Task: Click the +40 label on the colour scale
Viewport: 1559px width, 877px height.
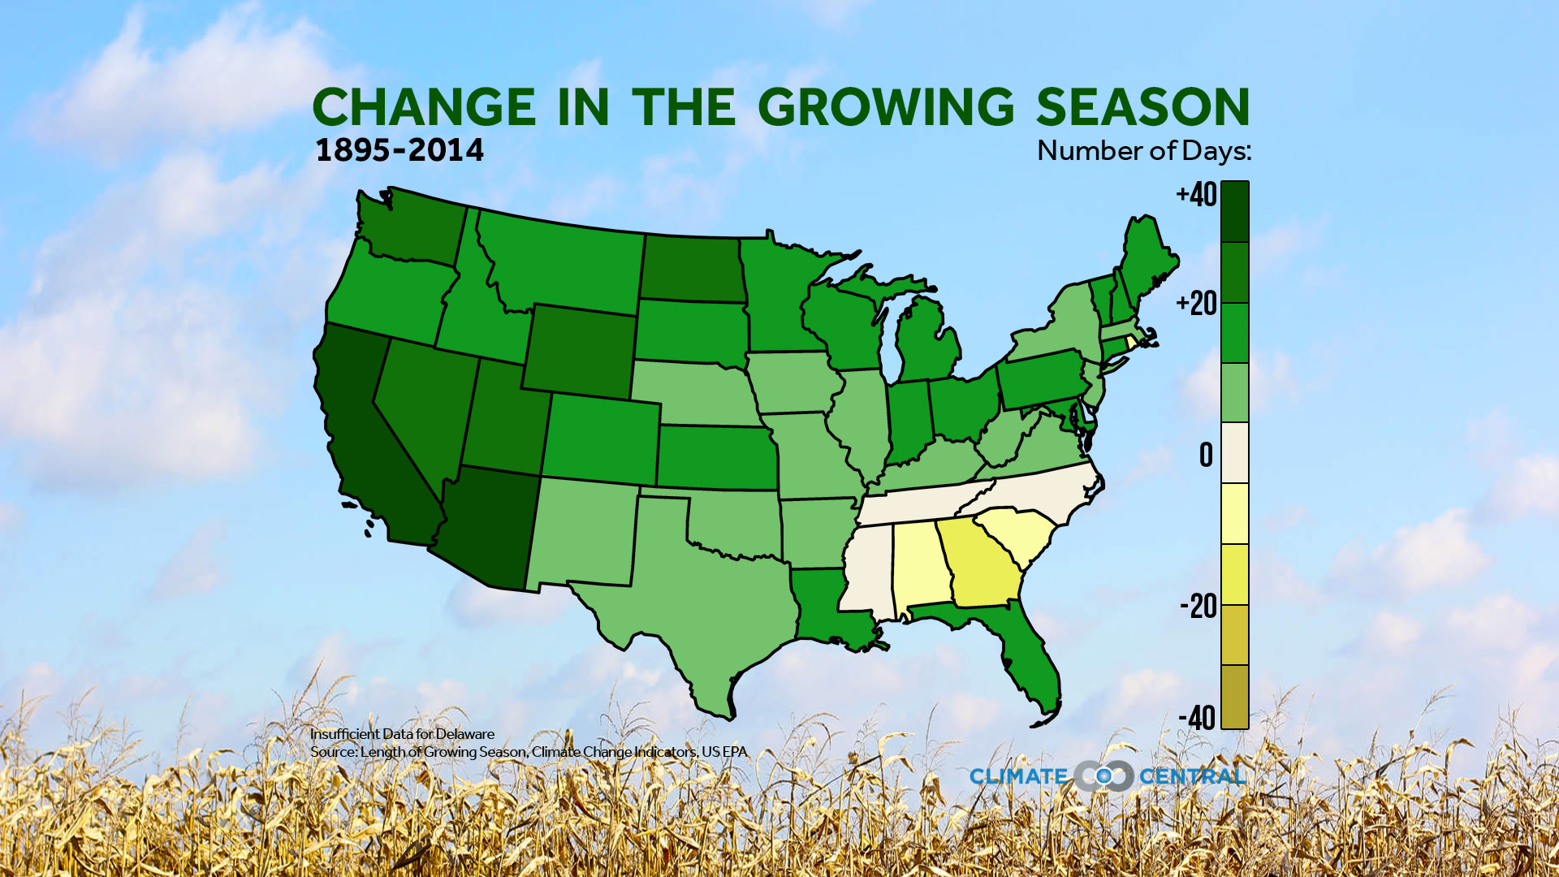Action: pyautogui.click(x=1196, y=195)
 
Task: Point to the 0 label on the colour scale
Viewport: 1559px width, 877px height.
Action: pyautogui.click(x=1206, y=455)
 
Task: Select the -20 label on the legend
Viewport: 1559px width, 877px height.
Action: pyautogui.click(x=1198, y=606)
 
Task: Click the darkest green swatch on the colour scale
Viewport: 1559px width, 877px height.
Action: pyautogui.click(x=1234, y=212)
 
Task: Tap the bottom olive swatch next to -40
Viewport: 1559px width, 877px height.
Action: pyautogui.click(x=1234, y=697)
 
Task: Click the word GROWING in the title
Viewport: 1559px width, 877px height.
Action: pyautogui.click(x=886, y=107)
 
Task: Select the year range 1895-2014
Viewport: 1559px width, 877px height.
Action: pyautogui.click(x=399, y=150)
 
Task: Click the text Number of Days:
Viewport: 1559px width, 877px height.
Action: pyautogui.click(x=1143, y=151)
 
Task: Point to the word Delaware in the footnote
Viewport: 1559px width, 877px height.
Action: pyautogui.click(x=464, y=734)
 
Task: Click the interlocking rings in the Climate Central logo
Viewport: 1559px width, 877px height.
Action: pyautogui.click(x=1103, y=776)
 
